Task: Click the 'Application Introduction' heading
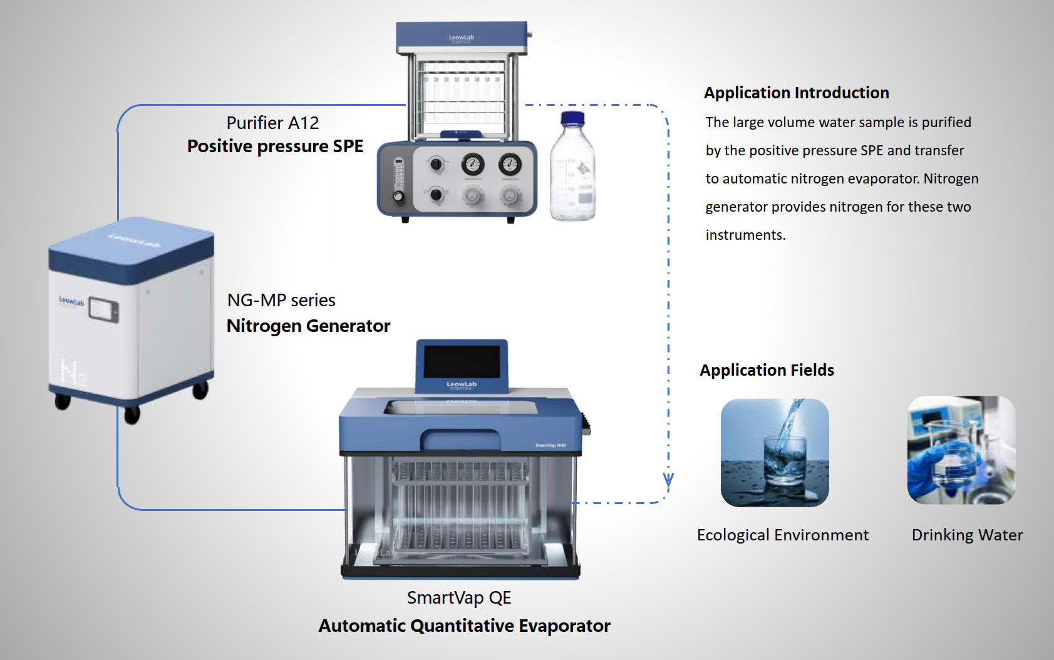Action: [x=796, y=93]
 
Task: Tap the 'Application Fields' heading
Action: [x=767, y=370]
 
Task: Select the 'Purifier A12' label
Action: [x=272, y=123]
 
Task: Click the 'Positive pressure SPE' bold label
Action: [x=275, y=146]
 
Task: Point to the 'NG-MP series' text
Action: [x=281, y=300]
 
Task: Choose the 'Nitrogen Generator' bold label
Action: [x=308, y=326]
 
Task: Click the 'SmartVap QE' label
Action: [x=459, y=597]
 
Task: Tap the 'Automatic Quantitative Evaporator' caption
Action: [x=464, y=626]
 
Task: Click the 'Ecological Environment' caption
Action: [x=782, y=535]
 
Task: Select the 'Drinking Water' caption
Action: [x=967, y=535]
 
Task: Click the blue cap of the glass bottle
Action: [x=572, y=119]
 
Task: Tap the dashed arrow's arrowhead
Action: [x=668, y=481]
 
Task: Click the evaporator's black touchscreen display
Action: [x=462, y=361]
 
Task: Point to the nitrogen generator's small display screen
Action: [x=103, y=310]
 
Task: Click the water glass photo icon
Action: [x=775, y=453]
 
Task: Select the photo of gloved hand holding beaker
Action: [x=961, y=450]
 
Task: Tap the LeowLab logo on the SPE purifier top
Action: [x=461, y=38]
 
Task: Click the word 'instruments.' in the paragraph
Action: [x=745, y=235]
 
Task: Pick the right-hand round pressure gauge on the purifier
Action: [x=510, y=165]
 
